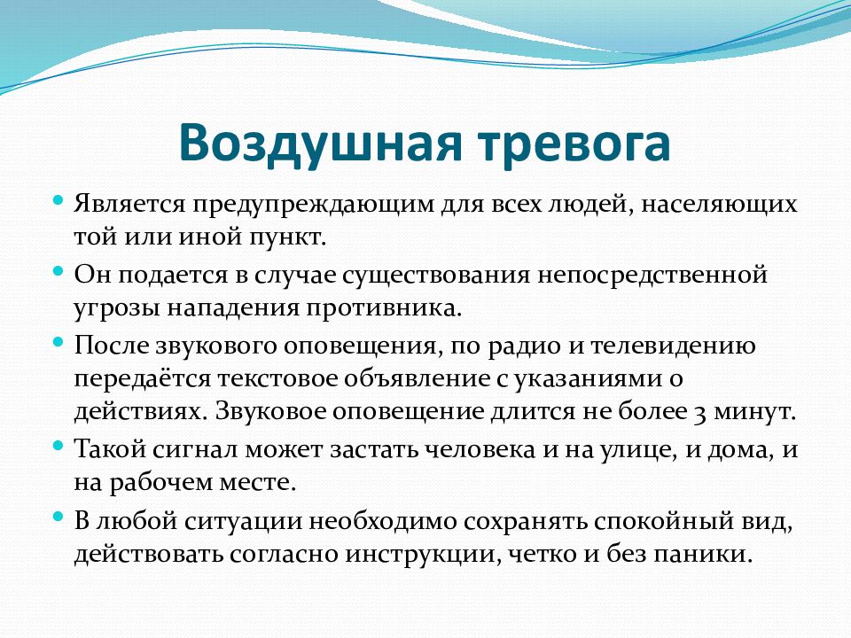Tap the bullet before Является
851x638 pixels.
point(58,200)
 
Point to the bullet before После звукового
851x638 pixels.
point(58,340)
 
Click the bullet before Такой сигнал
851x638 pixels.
point(58,445)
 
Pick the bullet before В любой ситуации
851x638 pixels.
point(58,515)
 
